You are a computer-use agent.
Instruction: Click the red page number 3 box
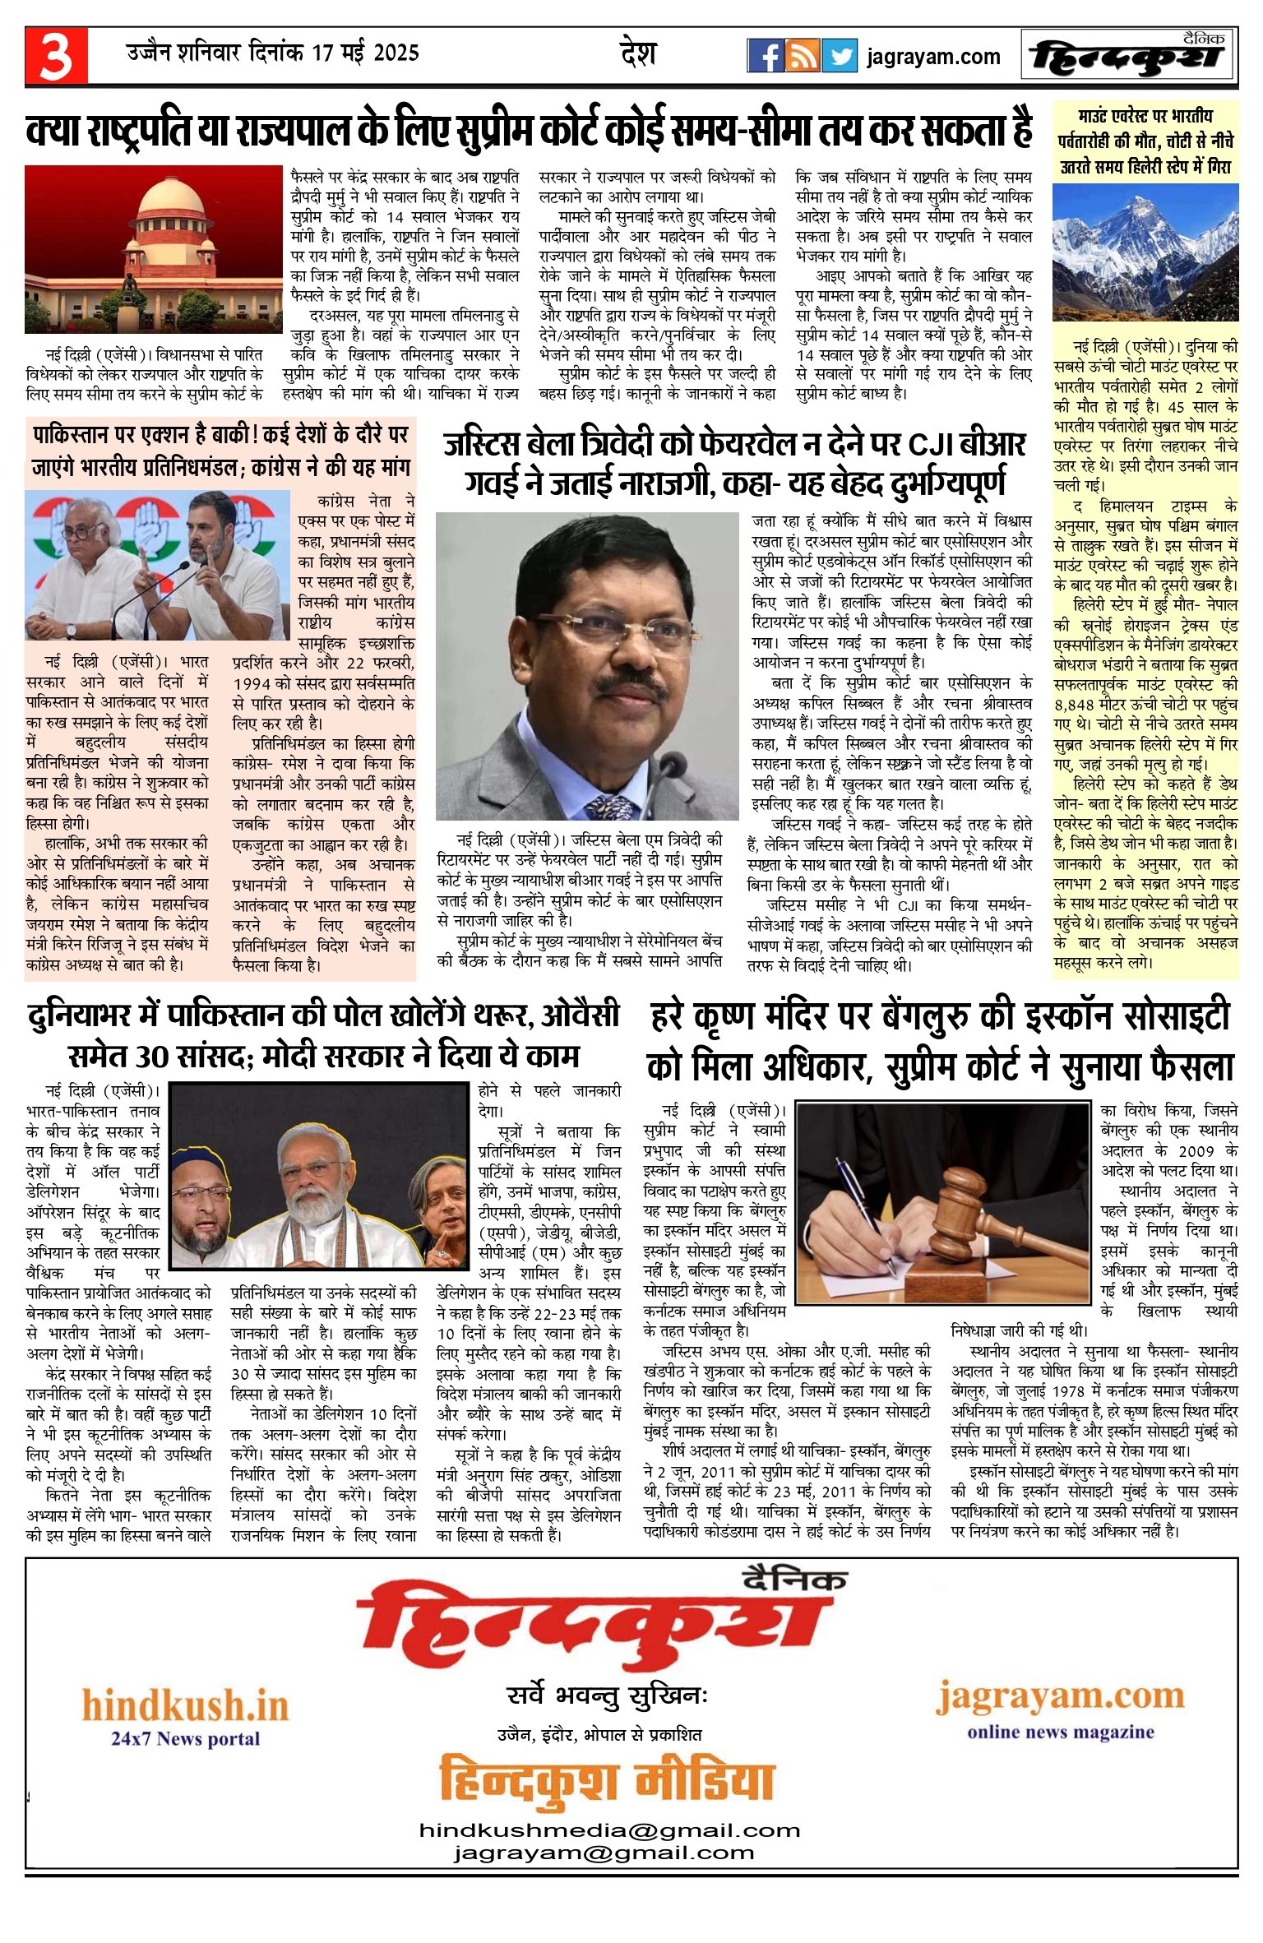click(56, 56)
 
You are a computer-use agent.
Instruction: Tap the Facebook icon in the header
click(765, 56)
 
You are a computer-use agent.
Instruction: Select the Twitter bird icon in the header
click(839, 56)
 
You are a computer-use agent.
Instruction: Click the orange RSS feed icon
click(802, 56)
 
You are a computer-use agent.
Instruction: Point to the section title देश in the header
click(638, 54)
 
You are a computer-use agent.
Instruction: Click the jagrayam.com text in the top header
click(933, 57)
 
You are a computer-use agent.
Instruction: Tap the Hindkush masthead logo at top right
click(1128, 56)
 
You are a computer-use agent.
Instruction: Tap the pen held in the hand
click(863, 1200)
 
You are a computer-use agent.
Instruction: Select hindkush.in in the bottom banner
click(185, 1706)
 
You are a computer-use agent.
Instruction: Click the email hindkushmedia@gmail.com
click(609, 1830)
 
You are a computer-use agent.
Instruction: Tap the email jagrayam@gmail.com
click(604, 1853)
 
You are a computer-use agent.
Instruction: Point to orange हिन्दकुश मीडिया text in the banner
click(607, 1781)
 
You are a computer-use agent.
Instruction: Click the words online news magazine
click(1060, 1732)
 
